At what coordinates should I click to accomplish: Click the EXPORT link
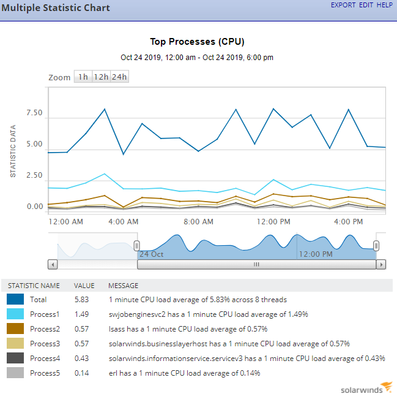[343, 5]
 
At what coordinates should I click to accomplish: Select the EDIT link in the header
[366, 5]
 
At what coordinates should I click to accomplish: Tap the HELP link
[385, 5]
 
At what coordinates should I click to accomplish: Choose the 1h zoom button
[83, 77]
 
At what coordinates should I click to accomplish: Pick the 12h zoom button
[101, 77]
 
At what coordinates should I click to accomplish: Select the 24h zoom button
[120, 77]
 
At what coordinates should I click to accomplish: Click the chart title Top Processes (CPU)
[198, 42]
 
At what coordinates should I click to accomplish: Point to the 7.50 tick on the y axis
[34, 113]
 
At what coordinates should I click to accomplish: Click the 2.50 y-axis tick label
[34, 176]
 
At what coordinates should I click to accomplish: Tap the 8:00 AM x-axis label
[199, 221]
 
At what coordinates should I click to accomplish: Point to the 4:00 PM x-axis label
[349, 221]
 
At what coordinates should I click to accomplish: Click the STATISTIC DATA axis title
[13, 151]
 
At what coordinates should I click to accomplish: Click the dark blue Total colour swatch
[15, 300]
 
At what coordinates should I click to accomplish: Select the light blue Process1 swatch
[15, 314]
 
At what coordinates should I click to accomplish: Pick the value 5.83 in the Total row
[82, 300]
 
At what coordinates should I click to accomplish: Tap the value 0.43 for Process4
[82, 359]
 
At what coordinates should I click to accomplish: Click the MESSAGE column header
[123, 286]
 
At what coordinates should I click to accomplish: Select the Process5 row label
[45, 373]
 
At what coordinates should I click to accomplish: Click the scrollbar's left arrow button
[53, 265]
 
